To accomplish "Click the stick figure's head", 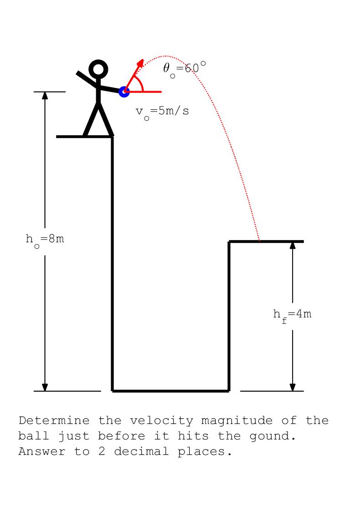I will pyautogui.click(x=98, y=70).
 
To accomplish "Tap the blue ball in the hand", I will pyautogui.click(x=123, y=92).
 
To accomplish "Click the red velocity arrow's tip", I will pyautogui.click(x=142, y=61).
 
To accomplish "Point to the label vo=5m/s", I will pyautogui.click(x=162, y=112).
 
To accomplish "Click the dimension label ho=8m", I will pyautogui.click(x=45, y=240).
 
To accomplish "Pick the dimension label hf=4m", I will pyautogui.click(x=292, y=314).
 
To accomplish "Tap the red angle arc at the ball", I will pyautogui.click(x=141, y=84).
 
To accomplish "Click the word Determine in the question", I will pyautogui.click(x=54, y=420).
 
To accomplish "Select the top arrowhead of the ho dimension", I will pyautogui.click(x=45, y=96).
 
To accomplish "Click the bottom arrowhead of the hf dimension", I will pyautogui.click(x=293, y=387).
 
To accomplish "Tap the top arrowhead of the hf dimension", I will pyautogui.click(x=293, y=245).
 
